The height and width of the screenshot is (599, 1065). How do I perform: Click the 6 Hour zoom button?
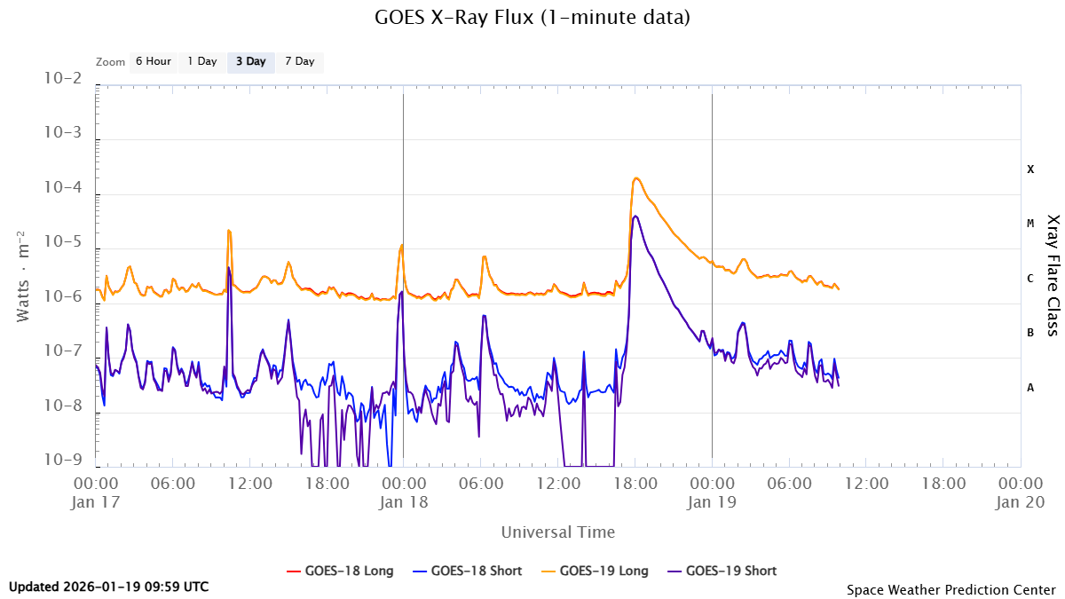coord(153,62)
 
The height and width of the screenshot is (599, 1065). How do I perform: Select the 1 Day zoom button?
coord(202,62)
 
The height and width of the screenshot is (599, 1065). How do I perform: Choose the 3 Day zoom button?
coord(250,62)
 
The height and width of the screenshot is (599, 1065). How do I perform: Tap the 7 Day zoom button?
coord(299,62)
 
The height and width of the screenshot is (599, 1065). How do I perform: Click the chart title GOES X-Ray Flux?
coord(532,17)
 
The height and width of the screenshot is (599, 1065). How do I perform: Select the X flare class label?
coord(1030,169)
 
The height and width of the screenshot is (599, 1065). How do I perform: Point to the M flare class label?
coord(1030,224)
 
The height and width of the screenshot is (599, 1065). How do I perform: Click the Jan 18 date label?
coord(404,501)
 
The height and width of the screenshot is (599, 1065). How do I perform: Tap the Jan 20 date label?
coord(1020,501)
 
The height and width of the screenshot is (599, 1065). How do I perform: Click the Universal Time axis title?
coord(557,532)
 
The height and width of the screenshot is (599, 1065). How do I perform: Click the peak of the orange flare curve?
coord(636,178)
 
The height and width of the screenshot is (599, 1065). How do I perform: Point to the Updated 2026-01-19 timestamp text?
coord(109,587)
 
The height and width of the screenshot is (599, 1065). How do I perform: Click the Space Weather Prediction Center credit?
coord(951,589)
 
